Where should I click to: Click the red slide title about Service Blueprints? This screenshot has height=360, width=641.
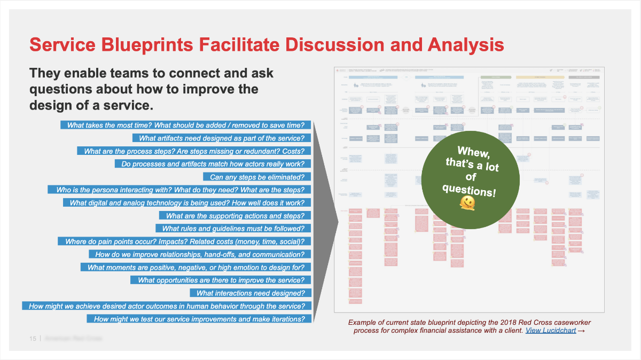click(267, 44)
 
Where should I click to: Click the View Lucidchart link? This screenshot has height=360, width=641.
click(550, 331)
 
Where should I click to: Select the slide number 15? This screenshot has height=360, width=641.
click(33, 339)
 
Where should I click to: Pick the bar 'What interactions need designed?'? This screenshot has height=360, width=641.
click(251, 293)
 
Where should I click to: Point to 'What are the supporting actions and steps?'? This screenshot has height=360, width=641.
click(235, 216)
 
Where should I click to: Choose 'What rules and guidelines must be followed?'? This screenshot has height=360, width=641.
click(233, 229)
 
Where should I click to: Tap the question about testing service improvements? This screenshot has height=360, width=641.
click(199, 319)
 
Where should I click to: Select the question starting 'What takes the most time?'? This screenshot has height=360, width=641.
click(186, 125)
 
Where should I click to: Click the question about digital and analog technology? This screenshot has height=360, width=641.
click(187, 203)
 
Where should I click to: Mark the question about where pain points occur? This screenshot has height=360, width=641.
click(185, 241)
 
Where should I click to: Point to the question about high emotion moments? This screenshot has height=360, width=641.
click(196, 267)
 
